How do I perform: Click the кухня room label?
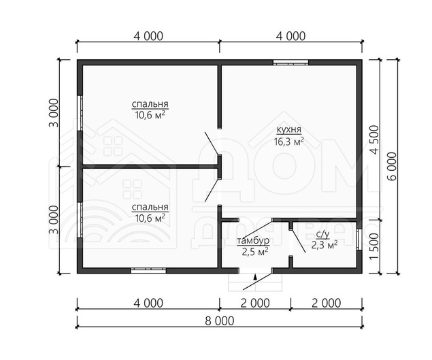(289, 129)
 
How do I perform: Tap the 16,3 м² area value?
(289, 141)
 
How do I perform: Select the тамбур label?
(253, 241)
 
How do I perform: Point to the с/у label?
(322, 234)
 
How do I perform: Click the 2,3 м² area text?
(325, 244)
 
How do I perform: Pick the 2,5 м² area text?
(255, 252)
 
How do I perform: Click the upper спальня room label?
(150, 104)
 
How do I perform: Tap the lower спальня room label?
(150, 207)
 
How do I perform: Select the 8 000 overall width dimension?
(220, 321)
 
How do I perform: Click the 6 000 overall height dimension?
(392, 166)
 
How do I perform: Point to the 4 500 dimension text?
(374, 140)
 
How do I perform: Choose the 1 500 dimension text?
(374, 246)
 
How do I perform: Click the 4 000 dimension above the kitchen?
(291, 36)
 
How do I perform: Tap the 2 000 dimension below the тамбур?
(255, 303)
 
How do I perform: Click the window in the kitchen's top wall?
(290, 63)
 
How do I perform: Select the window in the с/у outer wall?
(359, 240)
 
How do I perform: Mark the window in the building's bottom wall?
(148, 270)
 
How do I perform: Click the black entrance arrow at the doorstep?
(255, 277)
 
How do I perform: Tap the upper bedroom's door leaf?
(212, 143)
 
